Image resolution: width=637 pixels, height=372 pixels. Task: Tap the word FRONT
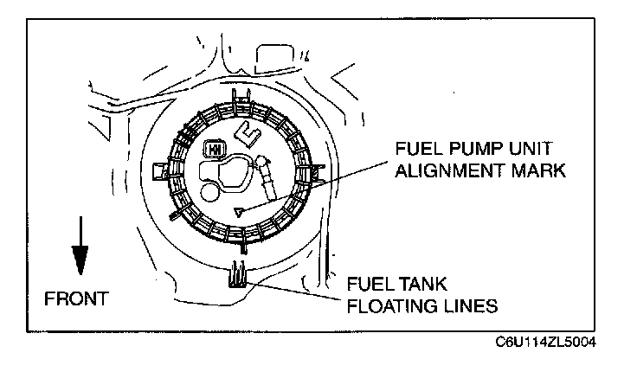coord(76,298)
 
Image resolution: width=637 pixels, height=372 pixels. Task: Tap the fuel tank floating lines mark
coord(237,276)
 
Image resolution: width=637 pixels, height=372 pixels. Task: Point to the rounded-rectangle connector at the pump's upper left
coord(210,150)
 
